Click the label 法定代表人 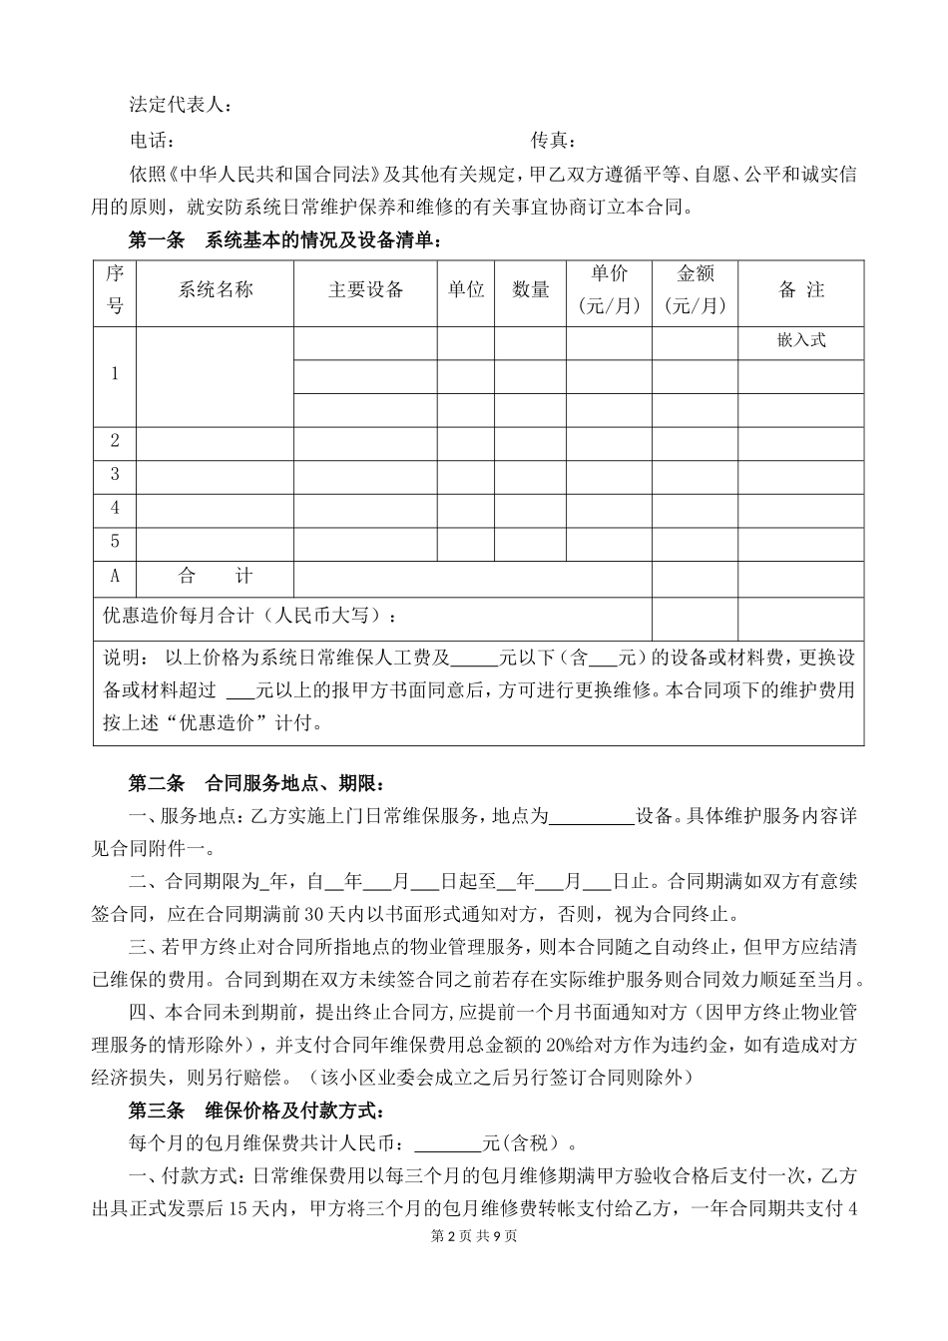point(181,105)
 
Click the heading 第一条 point(157,240)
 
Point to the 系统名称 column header point(216,289)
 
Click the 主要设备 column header point(365,289)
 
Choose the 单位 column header point(466,289)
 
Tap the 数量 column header point(531,289)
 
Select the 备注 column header point(801,289)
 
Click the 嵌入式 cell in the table point(801,340)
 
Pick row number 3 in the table point(115,474)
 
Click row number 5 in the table point(115,541)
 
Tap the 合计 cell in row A point(216,576)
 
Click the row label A point(115,576)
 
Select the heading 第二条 point(157,781)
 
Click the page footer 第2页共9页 point(473,1235)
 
